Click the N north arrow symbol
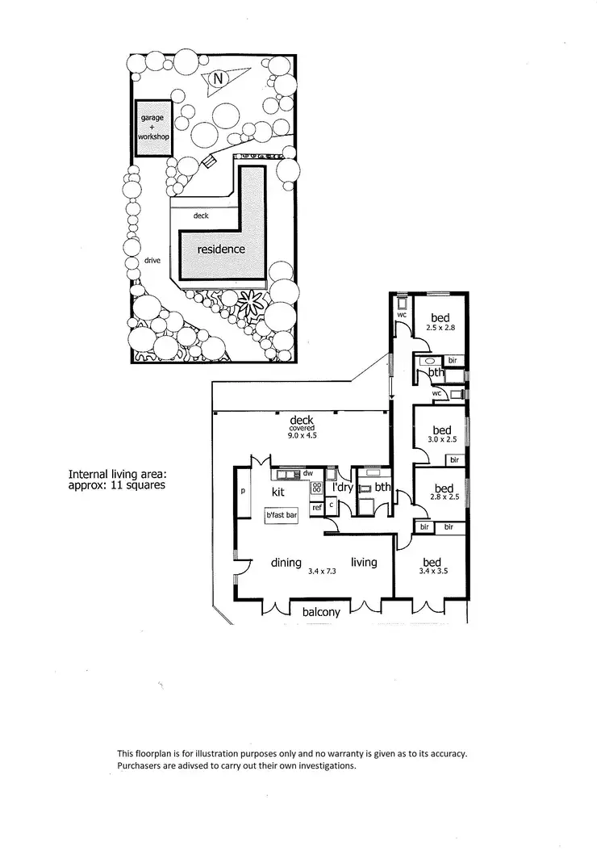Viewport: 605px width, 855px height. pyautogui.click(x=217, y=78)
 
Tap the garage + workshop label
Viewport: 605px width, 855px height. pyautogui.click(x=152, y=128)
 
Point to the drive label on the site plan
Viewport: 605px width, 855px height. pyautogui.click(x=152, y=261)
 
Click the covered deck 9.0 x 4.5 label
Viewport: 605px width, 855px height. pyautogui.click(x=302, y=425)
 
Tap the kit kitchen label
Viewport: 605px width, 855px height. pyautogui.click(x=278, y=491)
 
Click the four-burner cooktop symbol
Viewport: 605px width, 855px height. pyautogui.click(x=316, y=488)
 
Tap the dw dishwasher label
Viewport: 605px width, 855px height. pyautogui.click(x=308, y=474)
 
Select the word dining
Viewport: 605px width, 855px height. pyautogui.click(x=286, y=563)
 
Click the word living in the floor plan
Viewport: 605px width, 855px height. pyautogui.click(x=363, y=562)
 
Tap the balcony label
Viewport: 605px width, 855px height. pyautogui.click(x=321, y=612)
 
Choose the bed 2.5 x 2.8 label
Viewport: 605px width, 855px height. pyautogui.click(x=440, y=322)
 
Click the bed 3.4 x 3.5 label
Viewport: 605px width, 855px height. pyautogui.click(x=432, y=567)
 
